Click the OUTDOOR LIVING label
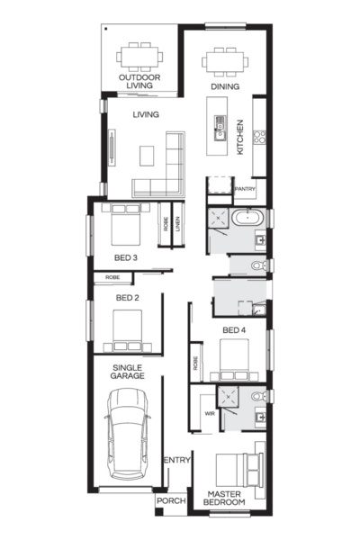(x=139, y=82)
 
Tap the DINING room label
(x=225, y=86)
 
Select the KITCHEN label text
(x=240, y=138)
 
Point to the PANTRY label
(x=245, y=190)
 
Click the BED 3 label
(x=125, y=258)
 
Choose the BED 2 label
(x=127, y=298)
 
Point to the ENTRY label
(x=177, y=462)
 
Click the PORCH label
(x=170, y=501)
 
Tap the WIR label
(x=209, y=414)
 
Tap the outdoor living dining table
(x=140, y=57)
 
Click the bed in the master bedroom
(x=238, y=470)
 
